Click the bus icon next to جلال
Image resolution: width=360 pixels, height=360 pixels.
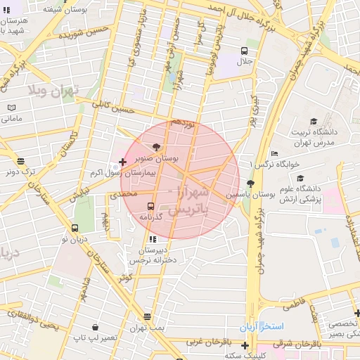[x=244, y=51]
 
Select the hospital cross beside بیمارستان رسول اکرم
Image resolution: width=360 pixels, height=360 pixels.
[x=122, y=162]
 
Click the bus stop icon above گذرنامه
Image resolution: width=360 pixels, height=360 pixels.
[x=150, y=206]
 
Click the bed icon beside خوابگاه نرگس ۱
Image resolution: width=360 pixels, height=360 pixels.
[x=274, y=153]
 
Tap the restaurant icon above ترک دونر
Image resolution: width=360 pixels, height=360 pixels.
[x=20, y=160]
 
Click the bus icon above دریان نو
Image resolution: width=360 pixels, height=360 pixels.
[x=75, y=228]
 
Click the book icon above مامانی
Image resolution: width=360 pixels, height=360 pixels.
[x=11, y=107]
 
